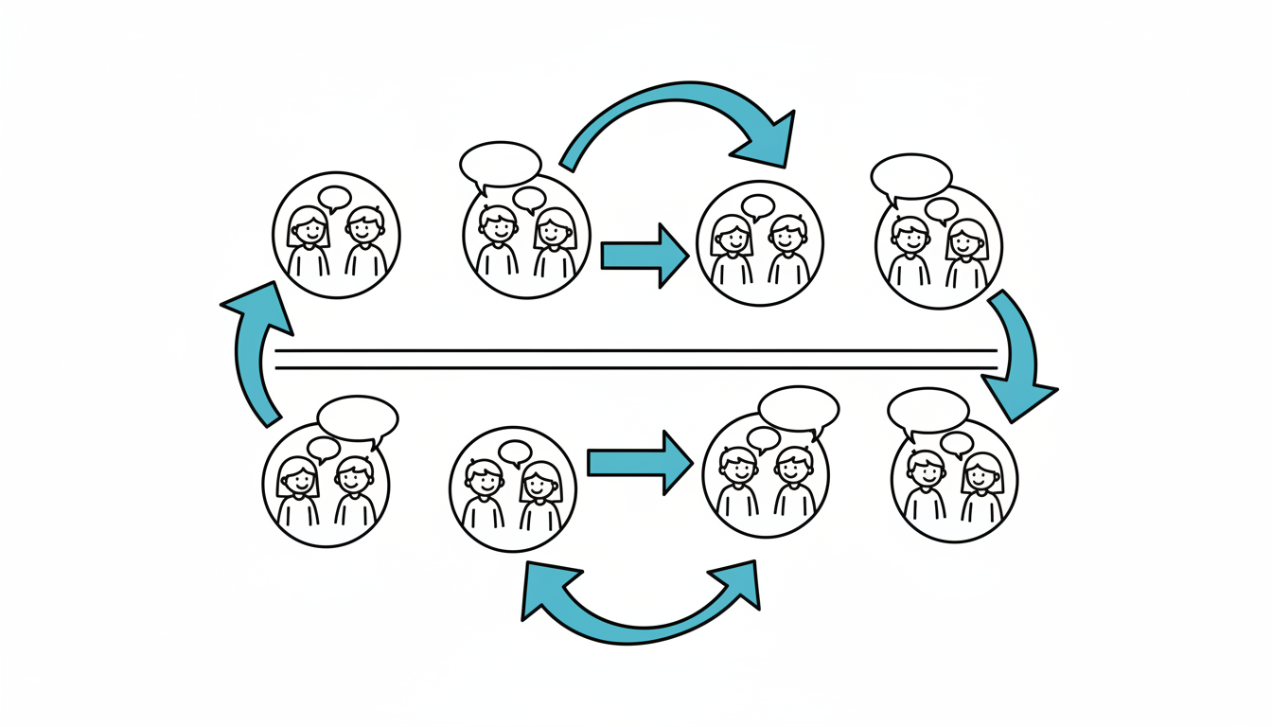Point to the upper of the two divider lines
(636, 350)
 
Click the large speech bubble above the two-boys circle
(799, 409)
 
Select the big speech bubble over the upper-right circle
(911, 176)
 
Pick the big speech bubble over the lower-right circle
(928, 410)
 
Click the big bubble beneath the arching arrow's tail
(500, 164)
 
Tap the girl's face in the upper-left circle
(309, 228)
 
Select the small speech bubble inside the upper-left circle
(335, 198)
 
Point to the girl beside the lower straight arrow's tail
(540, 485)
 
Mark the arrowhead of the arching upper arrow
(771, 139)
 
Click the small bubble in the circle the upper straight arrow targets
(758, 206)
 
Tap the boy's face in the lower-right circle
(925, 470)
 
